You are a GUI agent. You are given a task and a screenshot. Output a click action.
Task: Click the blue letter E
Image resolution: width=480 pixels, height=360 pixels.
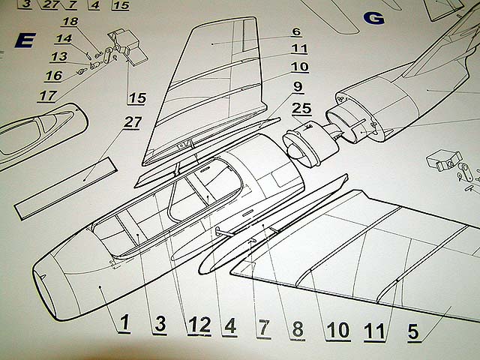pyautogui.click(x=25, y=40)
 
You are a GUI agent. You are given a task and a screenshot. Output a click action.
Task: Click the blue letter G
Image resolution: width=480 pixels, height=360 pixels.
pyautogui.click(x=373, y=18)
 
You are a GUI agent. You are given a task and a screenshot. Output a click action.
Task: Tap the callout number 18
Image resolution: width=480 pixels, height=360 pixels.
pyautogui.click(x=70, y=22)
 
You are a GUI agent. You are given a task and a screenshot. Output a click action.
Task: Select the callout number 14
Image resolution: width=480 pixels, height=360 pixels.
pyautogui.click(x=64, y=39)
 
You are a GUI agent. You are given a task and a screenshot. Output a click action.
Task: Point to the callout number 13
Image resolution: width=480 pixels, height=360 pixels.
pyautogui.click(x=59, y=57)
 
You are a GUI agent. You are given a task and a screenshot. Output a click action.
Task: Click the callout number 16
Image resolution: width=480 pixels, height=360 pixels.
pyautogui.click(x=54, y=76)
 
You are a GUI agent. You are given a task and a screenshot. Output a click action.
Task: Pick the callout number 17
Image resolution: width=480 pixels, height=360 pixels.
pyautogui.click(x=48, y=96)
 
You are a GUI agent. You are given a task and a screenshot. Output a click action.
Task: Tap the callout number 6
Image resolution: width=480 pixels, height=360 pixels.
pyautogui.click(x=296, y=31)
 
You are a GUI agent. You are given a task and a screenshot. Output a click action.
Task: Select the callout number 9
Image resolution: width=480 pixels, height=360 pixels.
pyautogui.click(x=298, y=87)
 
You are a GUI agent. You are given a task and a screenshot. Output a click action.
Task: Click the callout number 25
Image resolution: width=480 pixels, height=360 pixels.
pyautogui.click(x=301, y=108)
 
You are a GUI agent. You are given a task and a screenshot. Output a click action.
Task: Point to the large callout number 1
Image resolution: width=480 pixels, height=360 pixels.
pyautogui.click(x=124, y=322)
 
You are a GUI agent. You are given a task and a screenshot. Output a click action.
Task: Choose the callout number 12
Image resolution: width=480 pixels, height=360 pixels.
pyautogui.click(x=199, y=325)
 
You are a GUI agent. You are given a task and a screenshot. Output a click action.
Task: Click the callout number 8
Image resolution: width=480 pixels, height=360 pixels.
pyautogui.click(x=298, y=329)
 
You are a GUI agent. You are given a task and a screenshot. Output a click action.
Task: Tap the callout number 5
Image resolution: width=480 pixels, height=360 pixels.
pyautogui.click(x=413, y=331)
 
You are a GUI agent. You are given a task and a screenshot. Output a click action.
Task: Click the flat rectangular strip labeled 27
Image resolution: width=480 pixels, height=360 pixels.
pyautogui.click(x=66, y=188)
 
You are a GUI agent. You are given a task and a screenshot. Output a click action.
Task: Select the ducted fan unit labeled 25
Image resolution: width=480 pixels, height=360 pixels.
pyautogui.click(x=310, y=146)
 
